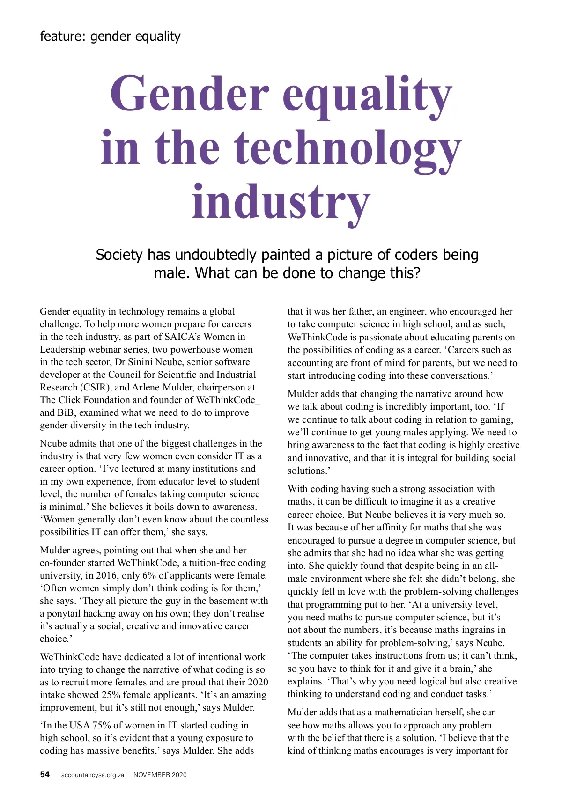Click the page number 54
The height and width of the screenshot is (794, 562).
[x=44, y=774]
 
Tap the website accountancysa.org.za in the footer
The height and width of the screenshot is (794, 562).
[x=92, y=775]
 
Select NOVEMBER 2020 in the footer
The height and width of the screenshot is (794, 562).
[x=160, y=775]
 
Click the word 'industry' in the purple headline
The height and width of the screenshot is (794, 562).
[x=281, y=201]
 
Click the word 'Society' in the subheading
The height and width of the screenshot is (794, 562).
[x=119, y=255]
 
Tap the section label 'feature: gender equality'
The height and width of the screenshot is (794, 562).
[x=110, y=36]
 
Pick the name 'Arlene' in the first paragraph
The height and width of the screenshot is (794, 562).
[x=146, y=387]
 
